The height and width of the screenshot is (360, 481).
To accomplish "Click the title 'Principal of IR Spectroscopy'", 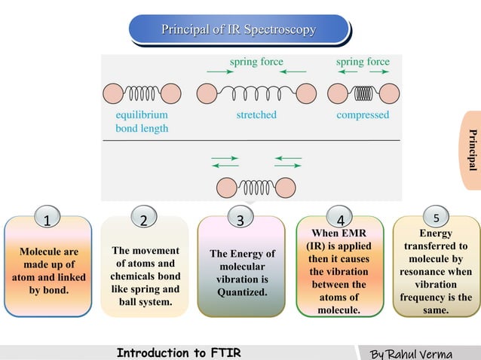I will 238,30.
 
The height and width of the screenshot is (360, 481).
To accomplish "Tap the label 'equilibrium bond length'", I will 142,122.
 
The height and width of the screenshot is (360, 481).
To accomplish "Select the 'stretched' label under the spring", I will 256,115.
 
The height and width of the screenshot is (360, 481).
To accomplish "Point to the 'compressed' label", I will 363,115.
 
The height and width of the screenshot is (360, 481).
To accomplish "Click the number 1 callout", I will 47,221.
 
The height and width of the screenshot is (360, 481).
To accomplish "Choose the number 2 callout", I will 144,220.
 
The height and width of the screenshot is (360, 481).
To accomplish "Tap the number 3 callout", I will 240,221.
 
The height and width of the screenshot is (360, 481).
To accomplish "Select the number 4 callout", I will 341,221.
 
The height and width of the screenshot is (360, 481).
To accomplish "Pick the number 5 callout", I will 435,218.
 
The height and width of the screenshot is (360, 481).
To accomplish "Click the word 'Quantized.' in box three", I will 241,292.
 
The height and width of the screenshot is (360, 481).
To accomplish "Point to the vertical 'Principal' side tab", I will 473,150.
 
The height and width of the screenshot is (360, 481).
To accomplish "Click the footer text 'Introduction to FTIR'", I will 179,352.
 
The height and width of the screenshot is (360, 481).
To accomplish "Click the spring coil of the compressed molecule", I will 363,93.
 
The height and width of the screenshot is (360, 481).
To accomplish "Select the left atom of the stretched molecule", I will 207,93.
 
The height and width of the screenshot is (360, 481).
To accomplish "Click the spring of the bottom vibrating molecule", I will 256,187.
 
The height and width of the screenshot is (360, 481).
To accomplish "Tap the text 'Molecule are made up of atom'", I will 48,264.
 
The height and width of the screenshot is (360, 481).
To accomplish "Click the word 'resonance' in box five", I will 436,270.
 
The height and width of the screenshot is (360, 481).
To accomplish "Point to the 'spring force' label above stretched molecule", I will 256,61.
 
